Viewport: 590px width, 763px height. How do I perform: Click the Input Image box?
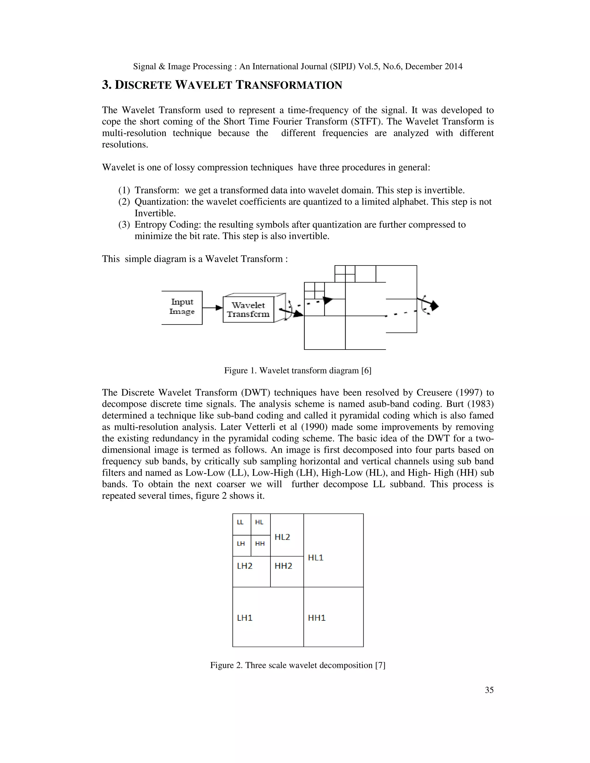point(182,307)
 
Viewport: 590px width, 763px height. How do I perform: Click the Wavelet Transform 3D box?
point(249,309)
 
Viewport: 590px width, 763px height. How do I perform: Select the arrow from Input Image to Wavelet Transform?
point(212,308)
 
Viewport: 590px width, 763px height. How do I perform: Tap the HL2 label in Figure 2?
point(282,537)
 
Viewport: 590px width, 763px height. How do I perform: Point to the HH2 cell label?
point(283,565)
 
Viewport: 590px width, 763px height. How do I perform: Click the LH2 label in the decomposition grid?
point(245,565)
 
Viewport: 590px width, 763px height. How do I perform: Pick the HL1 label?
point(316,558)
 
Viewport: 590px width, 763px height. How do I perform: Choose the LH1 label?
point(245,618)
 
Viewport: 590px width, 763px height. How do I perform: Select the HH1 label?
point(317,618)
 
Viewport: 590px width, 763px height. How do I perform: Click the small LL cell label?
point(240,522)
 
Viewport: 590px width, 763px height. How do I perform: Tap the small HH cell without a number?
point(260,544)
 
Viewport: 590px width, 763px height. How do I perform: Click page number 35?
point(489,690)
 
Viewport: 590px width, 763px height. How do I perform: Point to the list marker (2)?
point(124,202)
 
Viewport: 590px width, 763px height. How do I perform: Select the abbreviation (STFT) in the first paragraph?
point(366,122)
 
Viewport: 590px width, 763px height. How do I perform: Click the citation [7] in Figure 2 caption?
point(380,665)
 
